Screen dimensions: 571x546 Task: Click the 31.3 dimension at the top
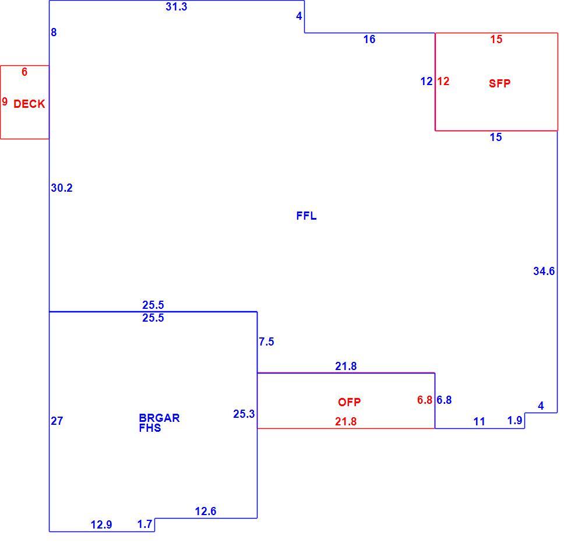click(176, 6)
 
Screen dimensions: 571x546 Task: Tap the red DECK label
click(29, 104)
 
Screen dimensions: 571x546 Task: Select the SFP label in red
click(500, 83)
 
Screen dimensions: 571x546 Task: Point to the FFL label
click(306, 216)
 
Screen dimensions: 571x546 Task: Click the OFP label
click(349, 402)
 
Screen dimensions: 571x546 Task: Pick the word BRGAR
click(159, 418)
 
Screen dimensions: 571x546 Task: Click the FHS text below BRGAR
click(150, 428)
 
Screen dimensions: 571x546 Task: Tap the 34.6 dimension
click(544, 271)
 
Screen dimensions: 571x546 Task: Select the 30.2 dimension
click(62, 188)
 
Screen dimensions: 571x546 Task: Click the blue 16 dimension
click(369, 40)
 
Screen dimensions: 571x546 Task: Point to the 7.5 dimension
click(266, 341)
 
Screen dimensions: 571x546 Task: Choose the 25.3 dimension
click(244, 414)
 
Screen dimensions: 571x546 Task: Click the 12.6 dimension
click(205, 512)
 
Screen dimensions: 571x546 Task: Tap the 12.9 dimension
click(101, 524)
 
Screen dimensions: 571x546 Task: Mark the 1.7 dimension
click(144, 524)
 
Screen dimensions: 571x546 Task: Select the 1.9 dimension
click(515, 420)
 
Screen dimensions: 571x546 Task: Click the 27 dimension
click(57, 421)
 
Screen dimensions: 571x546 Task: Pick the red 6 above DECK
click(24, 72)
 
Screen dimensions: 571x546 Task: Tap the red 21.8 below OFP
click(346, 421)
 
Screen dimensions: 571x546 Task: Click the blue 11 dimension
click(479, 421)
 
